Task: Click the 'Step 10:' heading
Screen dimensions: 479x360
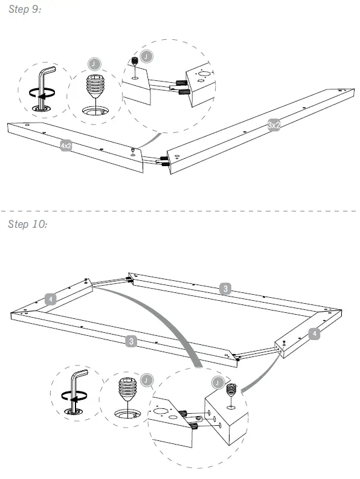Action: pos(28,225)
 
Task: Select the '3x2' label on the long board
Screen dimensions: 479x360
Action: pos(274,125)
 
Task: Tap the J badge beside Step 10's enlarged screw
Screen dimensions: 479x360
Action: pos(146,379)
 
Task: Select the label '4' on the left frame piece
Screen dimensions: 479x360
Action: pos(51,298)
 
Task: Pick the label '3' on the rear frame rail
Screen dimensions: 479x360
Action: pos(225,289)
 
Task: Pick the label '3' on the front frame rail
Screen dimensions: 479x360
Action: pos(132,342)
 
